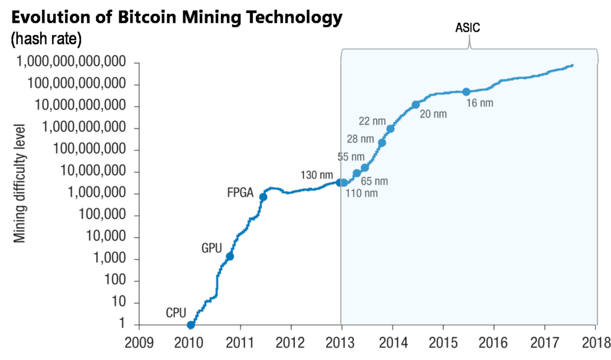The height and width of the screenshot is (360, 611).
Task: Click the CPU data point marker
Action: tap(191, 325)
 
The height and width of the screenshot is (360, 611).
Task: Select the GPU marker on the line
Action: tap(230, 256)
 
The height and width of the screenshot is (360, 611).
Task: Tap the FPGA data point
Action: tap(263, 197)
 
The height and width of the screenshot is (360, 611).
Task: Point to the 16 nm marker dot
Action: tap(466, 91)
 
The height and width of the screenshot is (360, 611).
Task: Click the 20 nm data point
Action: tap(416, 105)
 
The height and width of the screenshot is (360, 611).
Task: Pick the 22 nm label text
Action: tap(372, 121)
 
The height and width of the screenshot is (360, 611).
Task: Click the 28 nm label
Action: tap(360, 139)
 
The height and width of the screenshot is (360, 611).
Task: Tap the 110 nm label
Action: tap(362, 193)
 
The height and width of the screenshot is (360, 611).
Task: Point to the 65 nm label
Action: tap(375, 180)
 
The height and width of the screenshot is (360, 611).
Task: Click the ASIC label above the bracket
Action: tap(468, 27)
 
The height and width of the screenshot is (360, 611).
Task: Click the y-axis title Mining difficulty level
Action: tap(20, 183)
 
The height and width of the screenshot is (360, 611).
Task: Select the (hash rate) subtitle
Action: tap(46, 39)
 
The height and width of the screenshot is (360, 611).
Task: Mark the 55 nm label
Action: tap(351, 157)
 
